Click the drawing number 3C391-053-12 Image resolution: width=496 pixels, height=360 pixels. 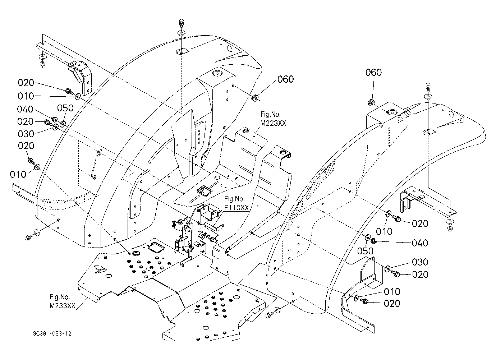(52, 333)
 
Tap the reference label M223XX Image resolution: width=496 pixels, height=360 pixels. (274, 123)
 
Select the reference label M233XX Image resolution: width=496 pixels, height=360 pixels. (63, 306)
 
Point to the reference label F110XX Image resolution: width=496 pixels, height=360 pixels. (237, 208)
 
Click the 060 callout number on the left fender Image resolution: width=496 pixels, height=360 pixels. (286, 79)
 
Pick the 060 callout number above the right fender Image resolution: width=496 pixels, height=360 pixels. (373, 72)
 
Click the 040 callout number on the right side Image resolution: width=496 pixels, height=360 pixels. (420, 243)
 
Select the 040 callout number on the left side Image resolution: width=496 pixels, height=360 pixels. (25, 109)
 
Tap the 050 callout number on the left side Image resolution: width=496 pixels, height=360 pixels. (65, 108)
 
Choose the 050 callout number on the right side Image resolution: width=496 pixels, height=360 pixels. (366, 251)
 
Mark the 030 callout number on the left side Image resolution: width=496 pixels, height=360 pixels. (26, 134)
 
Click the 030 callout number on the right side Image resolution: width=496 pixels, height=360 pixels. (420, 262)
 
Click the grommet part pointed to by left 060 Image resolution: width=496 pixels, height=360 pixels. (255, 98)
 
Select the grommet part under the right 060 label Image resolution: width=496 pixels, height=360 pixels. (371, 102)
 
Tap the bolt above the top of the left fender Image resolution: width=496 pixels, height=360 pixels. (181, 23)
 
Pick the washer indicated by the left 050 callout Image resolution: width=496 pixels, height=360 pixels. (63, 124)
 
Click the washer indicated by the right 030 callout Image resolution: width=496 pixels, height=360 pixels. (387, 268)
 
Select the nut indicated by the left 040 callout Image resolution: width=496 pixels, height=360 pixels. (54, 119)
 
